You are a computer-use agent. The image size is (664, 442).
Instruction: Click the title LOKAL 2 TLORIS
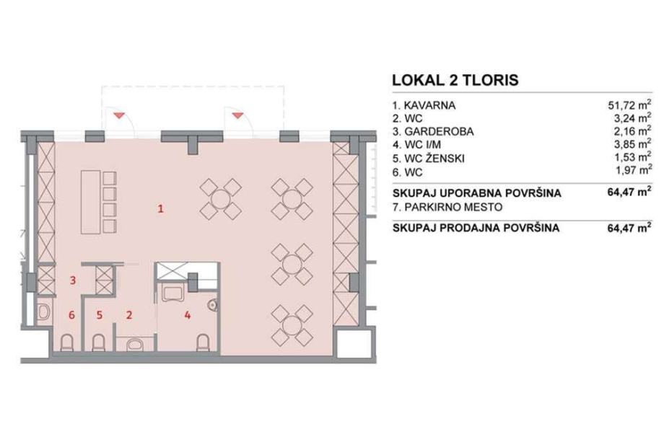(x=455, y=80)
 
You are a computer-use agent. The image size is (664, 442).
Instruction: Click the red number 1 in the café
(x=160, y=208)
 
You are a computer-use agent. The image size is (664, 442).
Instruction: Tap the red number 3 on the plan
(x=73, y=280)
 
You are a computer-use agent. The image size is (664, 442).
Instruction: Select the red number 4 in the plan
(x=187, y=315)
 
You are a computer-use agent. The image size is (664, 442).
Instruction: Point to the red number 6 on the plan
(x=71, y=315)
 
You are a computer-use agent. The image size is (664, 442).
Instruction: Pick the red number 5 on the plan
(x=99, y=315)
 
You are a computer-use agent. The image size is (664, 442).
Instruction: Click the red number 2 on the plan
(x=129, y=315)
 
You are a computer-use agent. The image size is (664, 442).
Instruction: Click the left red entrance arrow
(x=119, y=114)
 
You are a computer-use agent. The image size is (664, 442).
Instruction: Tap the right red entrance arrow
(x=238, y=114)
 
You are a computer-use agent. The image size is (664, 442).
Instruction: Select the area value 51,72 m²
(x=629, y=105)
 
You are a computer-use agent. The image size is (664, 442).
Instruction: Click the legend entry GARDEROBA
(x=439, y=131)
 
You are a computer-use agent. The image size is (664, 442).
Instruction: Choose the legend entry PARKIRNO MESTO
(x=453, y=207)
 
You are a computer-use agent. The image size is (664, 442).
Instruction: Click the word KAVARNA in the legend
(x=429, y=105)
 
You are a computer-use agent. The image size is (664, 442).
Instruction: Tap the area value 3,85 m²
(x=633, y=145)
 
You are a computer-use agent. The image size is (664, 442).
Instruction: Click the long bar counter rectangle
(x=91, y=202)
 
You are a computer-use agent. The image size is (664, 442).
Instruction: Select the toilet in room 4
(x=204, y=342)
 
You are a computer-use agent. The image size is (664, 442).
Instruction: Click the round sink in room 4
(x=212, y=304)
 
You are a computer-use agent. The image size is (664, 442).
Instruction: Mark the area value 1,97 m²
(x=633, y=170)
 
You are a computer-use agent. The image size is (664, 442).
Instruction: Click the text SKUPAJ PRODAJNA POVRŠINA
(x=476, y=228)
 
